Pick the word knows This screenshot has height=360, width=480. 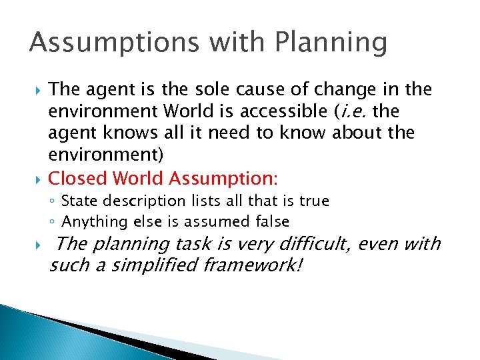click(116, 133)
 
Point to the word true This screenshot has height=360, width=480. click(313, 201)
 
